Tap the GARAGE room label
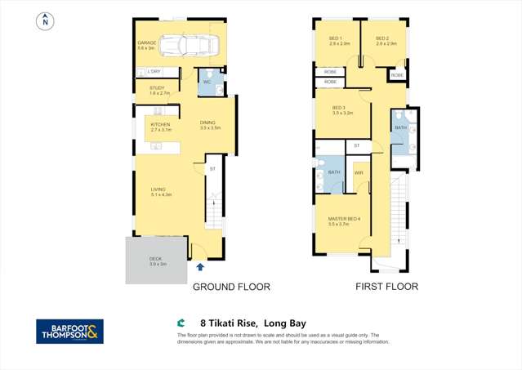pyautogui.click(x=146, y=44)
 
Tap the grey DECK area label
pyautogui.click(x=157, y=261)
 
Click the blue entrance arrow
pyautogui.click(x=199, y=266)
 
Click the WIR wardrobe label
pyautogui.click(x=359, y=173)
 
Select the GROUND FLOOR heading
pyautogui.click(x=230, y=287)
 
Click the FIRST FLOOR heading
pyautogui.click(x=386, y=287)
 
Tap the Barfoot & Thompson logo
pyautogui.click(x=69, y=331)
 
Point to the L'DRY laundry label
pyautogui.click(x=154, y=72)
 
